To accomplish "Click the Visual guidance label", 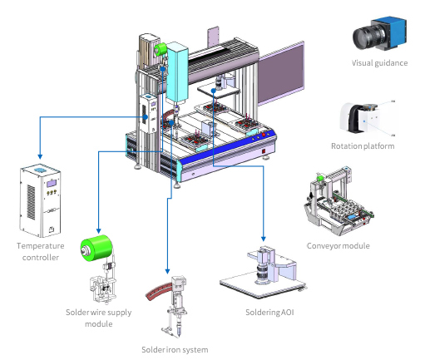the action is click(379, 63).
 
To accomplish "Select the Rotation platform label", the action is click(363, 146).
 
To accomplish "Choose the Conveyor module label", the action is click(339, 246).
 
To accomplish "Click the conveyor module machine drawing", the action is click(339, 201).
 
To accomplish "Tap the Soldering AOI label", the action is click(269, 313).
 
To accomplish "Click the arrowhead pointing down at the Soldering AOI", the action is click(264, 239).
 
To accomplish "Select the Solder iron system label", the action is click(175, 350).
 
